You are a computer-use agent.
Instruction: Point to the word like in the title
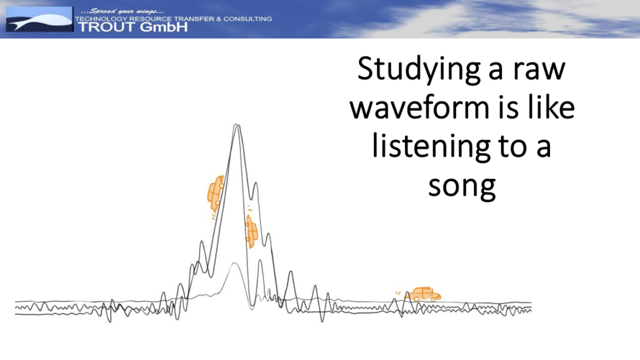click(551, 107)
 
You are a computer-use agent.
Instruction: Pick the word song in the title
click(462, 187)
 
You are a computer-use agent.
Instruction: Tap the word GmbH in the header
click(163, 27)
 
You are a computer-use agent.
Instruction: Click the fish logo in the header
click(39, 19)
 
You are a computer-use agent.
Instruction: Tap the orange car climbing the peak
click(216, 193)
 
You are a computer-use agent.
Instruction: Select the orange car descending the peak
click(252, 232)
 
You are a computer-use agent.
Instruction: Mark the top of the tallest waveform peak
click(237, 124)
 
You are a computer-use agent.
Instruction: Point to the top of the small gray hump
click(234, 263)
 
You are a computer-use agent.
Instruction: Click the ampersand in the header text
click(219, 19)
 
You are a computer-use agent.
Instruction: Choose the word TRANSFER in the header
click(194, 19)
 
